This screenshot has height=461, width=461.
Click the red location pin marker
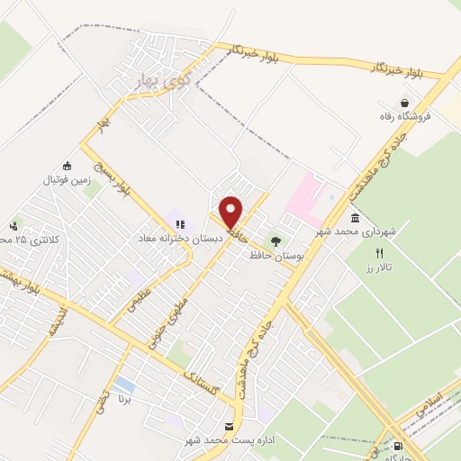(x=231, y=212)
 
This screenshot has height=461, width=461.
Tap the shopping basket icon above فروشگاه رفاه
(x=407, y=104)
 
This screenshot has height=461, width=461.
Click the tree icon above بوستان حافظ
(x=276, y=241)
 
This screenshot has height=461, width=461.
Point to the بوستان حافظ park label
(x=273, y=257)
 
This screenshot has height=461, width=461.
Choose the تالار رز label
(x=382, y=269)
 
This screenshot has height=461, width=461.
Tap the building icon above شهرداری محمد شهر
(x=355, y=218)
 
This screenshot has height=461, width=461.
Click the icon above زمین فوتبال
(x=67, y=166)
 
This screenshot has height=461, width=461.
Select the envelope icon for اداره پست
(x=228, y=425)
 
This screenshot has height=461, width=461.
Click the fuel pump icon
(x=399, y=445)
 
